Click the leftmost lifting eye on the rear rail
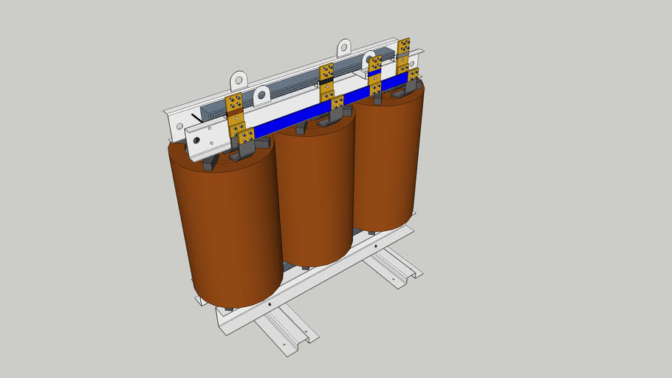click(x=238, y=78)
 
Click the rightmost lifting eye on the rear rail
click(x=344, y=48)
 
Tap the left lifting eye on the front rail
click(x=262, y=95)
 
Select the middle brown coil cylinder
click(x=315, y=192)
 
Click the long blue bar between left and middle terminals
click(x=288, y=122)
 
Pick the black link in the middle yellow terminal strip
click(x=326, y=83)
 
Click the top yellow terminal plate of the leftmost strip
click(x=236, y=101)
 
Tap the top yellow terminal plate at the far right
click(x=404, y=47)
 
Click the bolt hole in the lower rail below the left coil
click(x=272, y=303)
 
